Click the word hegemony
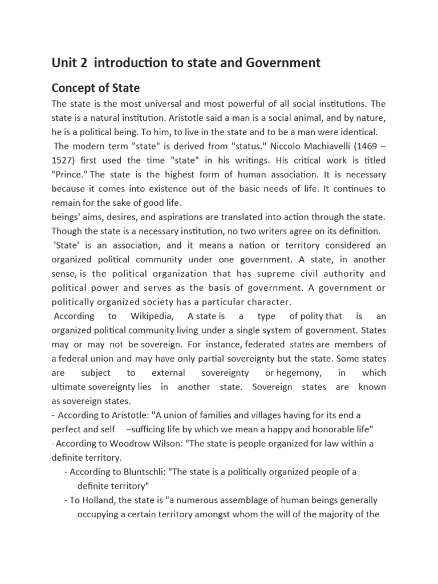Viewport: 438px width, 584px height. point(296,372)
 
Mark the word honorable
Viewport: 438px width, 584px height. point(326,429)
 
